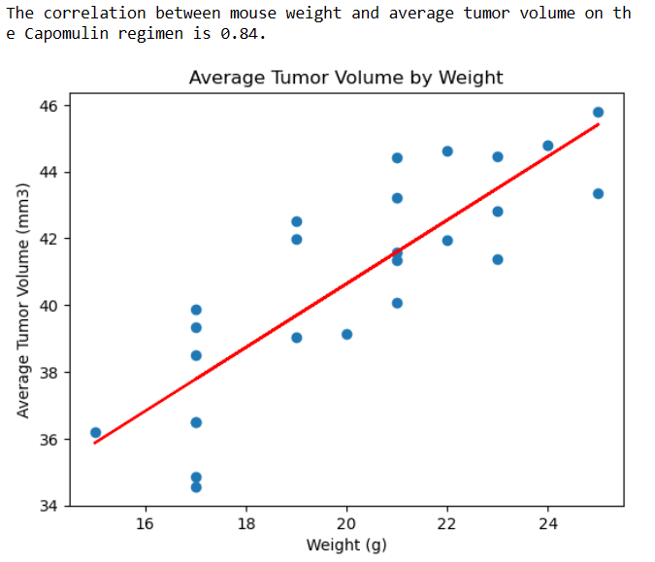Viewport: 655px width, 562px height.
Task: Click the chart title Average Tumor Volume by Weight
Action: click(345, 78)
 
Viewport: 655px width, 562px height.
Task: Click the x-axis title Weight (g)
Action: click(345, 545)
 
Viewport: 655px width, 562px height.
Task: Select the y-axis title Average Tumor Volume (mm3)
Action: click(24, 300)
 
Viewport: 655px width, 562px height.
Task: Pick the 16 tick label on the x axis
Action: click(146, 524)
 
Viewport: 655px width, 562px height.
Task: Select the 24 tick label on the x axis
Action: click(547, 524)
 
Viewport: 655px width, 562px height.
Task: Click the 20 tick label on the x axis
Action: click(346, 524)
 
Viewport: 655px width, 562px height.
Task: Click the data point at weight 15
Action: click(95, 433)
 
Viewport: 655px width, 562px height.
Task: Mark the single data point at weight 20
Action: click(346, 334)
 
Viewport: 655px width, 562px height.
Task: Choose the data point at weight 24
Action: click(547, 146)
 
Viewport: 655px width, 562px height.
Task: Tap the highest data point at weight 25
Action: click(598, 113)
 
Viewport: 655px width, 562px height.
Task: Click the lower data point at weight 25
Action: click(598, 194)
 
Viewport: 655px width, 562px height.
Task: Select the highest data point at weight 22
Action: click(447, 151)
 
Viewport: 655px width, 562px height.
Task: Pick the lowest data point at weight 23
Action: click(498, 259)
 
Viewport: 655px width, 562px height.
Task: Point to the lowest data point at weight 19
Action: click(297, 338)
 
